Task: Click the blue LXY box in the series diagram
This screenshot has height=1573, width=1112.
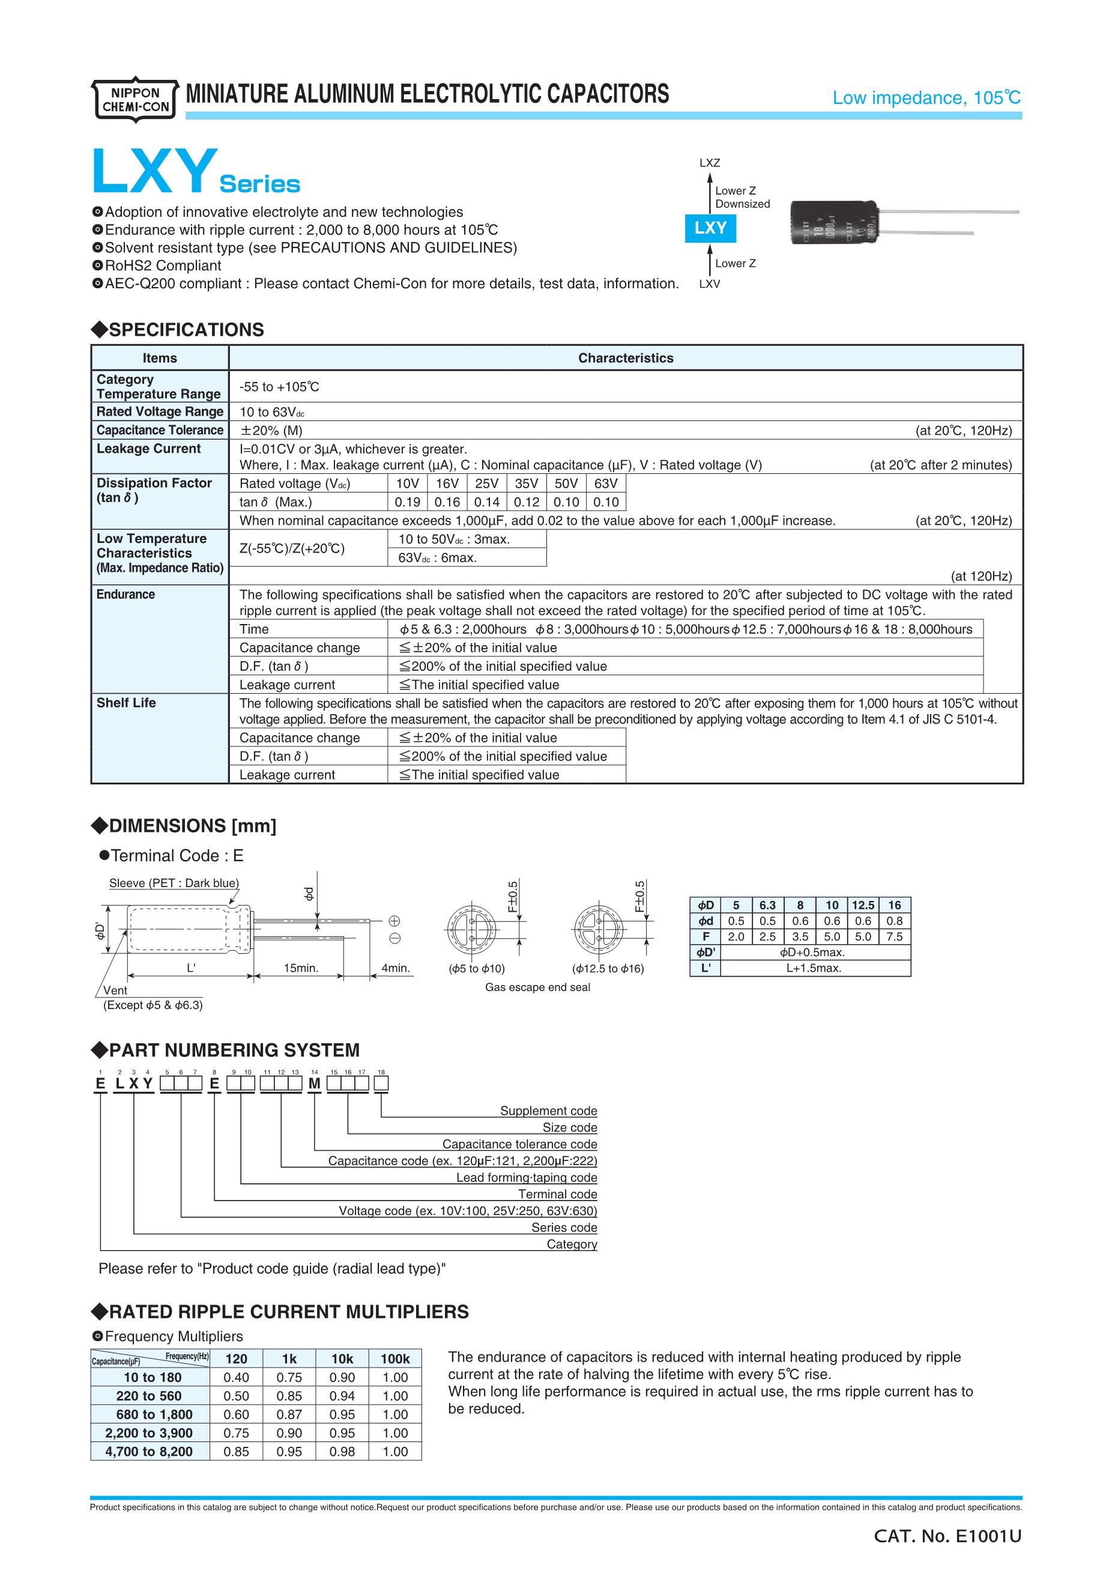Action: tap(710, 228)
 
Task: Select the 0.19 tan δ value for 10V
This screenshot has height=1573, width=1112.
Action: tap(408, 502)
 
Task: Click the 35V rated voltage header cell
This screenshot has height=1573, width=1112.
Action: tap(527, 483)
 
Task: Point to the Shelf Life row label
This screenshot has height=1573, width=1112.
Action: tap(126, 703)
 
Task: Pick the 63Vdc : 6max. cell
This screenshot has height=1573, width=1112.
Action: tap(438, 558)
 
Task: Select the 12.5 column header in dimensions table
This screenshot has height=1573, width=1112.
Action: tap(863, 905)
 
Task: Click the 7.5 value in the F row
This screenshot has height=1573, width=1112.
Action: tap(894, 936)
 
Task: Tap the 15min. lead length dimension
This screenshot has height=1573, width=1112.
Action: tap(301, 968)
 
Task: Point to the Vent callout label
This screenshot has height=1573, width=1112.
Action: tap(115, 990)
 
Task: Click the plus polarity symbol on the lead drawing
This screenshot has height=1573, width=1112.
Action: tap(394, 921)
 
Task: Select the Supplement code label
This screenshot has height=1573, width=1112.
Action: tap(548, 1111)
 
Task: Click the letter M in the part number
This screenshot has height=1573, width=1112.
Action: tap(314, 1084)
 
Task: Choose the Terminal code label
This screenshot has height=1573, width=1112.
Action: tap(557, 1194)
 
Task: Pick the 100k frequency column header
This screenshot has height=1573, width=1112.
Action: tap(395, 1359)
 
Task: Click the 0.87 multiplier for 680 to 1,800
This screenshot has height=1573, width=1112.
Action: tap(289, 1414)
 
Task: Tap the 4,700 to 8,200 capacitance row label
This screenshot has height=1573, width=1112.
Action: tap(148, 1451)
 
